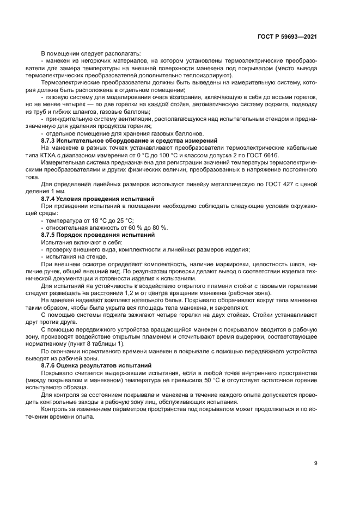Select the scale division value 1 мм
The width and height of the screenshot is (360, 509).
point(58,192)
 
